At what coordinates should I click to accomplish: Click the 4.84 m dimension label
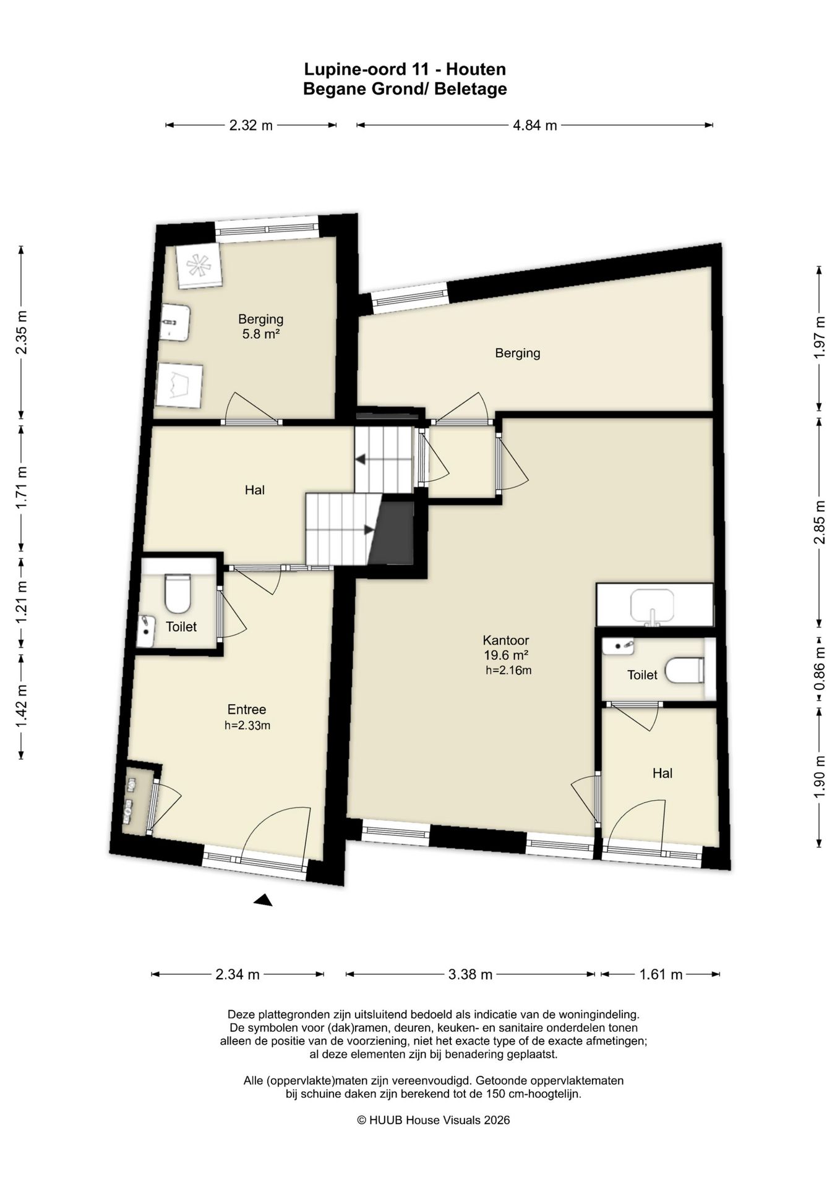534,126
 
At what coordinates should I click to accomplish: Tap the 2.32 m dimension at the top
251,126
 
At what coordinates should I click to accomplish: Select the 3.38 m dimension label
470,975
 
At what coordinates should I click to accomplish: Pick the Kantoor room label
506,640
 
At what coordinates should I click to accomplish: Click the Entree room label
247,710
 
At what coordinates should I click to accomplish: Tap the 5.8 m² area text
261,334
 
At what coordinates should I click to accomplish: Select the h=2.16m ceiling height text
508,670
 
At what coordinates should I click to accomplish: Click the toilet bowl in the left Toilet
178,593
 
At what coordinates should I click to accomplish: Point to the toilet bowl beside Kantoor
685,670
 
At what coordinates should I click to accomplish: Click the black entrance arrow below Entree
264,900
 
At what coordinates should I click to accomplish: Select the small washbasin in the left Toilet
145,631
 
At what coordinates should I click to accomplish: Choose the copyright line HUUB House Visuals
434,1120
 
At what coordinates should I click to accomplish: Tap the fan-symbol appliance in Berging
199,266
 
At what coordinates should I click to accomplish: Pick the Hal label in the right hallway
662,773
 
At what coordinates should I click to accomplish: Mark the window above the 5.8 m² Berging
267,228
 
